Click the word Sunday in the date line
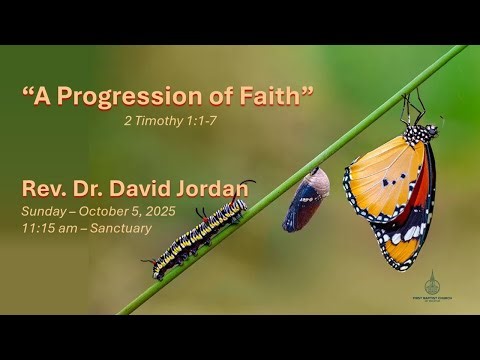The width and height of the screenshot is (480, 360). point(46,211)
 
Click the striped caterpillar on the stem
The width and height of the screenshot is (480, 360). point(199,237)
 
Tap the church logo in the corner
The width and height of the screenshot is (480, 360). point(432,287)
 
